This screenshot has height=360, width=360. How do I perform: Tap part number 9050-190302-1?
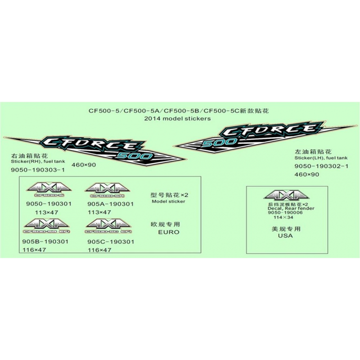pos(321,166)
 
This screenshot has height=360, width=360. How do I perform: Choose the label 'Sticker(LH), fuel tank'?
pos(321,158)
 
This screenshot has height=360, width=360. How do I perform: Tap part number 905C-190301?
pos(110,242)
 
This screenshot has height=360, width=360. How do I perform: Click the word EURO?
pos(169,232)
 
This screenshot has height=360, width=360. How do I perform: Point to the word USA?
pos(285,236)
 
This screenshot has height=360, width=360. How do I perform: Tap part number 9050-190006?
pos(285,213)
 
